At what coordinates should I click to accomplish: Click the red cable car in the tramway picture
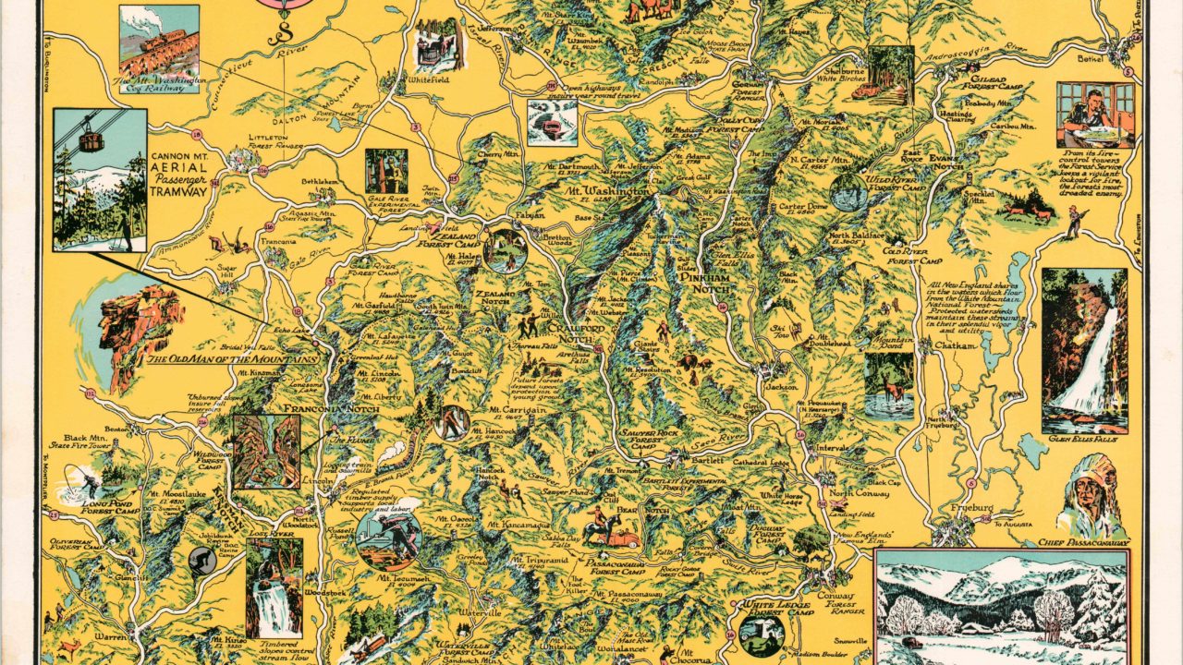pos(90,140)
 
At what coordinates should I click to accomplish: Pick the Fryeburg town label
pos(970,508)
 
